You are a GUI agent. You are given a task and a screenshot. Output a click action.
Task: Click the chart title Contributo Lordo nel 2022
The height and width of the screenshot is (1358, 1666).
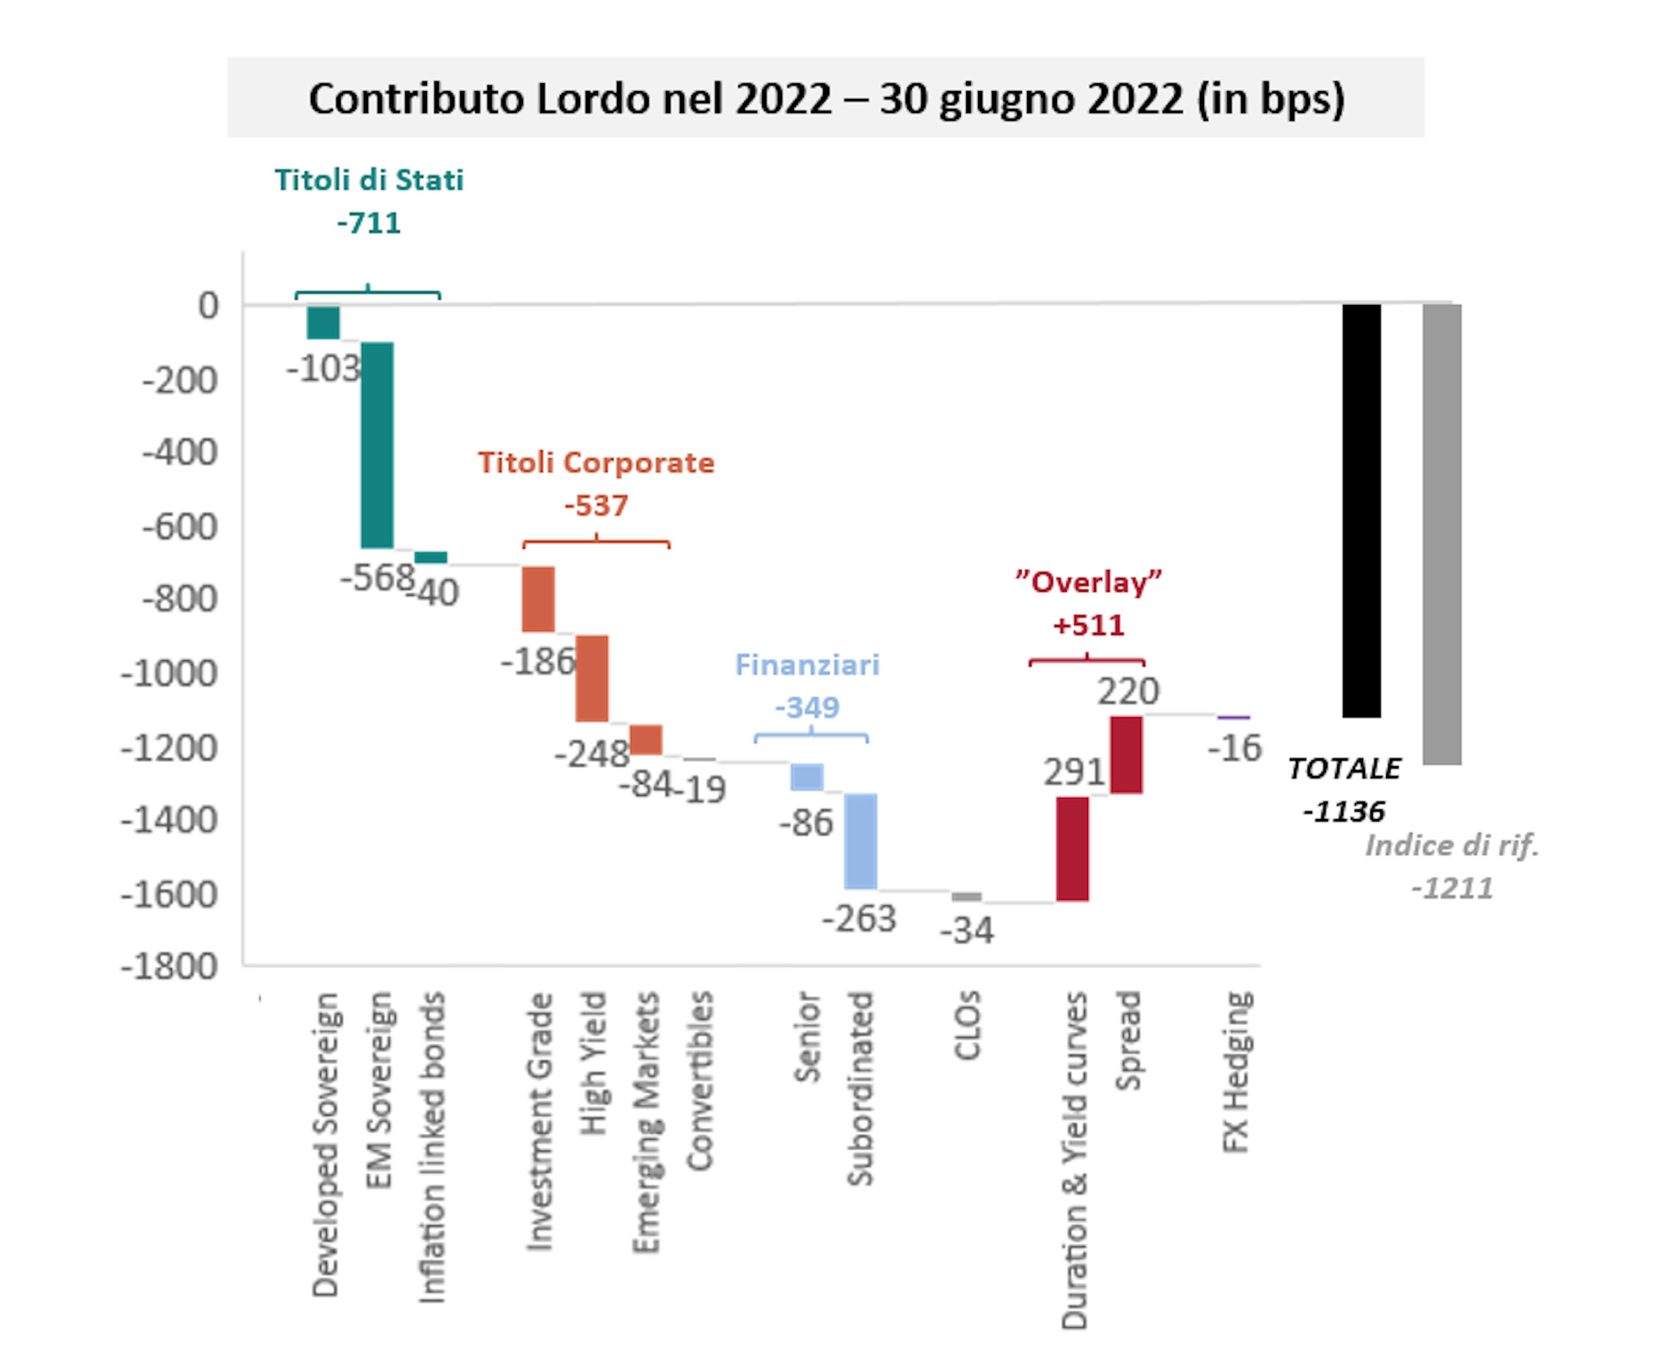[x=826, y=98]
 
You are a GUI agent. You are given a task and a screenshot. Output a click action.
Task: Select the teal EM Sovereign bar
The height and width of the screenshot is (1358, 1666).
[x=377, y=444]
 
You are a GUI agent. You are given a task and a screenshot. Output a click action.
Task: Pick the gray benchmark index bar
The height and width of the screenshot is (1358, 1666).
[x=1442, y=534]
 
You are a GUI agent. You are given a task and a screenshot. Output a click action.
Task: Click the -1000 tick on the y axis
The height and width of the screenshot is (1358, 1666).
[x=168, y=673]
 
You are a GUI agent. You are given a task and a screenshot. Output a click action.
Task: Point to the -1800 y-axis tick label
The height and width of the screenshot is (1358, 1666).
[x=168, y=967]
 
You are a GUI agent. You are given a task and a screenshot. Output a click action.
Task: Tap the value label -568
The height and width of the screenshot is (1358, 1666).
[x=377, y=578]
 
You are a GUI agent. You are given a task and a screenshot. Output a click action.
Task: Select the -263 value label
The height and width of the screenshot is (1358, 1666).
[x=859, y=918]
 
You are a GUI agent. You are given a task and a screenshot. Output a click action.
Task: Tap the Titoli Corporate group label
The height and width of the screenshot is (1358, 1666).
[x=596, y=463]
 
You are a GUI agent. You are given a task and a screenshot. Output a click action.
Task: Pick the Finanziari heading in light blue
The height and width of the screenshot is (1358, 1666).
[x=807, y=665]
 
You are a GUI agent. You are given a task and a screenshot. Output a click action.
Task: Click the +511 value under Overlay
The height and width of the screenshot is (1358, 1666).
[x=1088, y=625]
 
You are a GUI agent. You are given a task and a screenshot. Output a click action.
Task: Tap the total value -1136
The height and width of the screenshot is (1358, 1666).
[x=1344, y=811]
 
